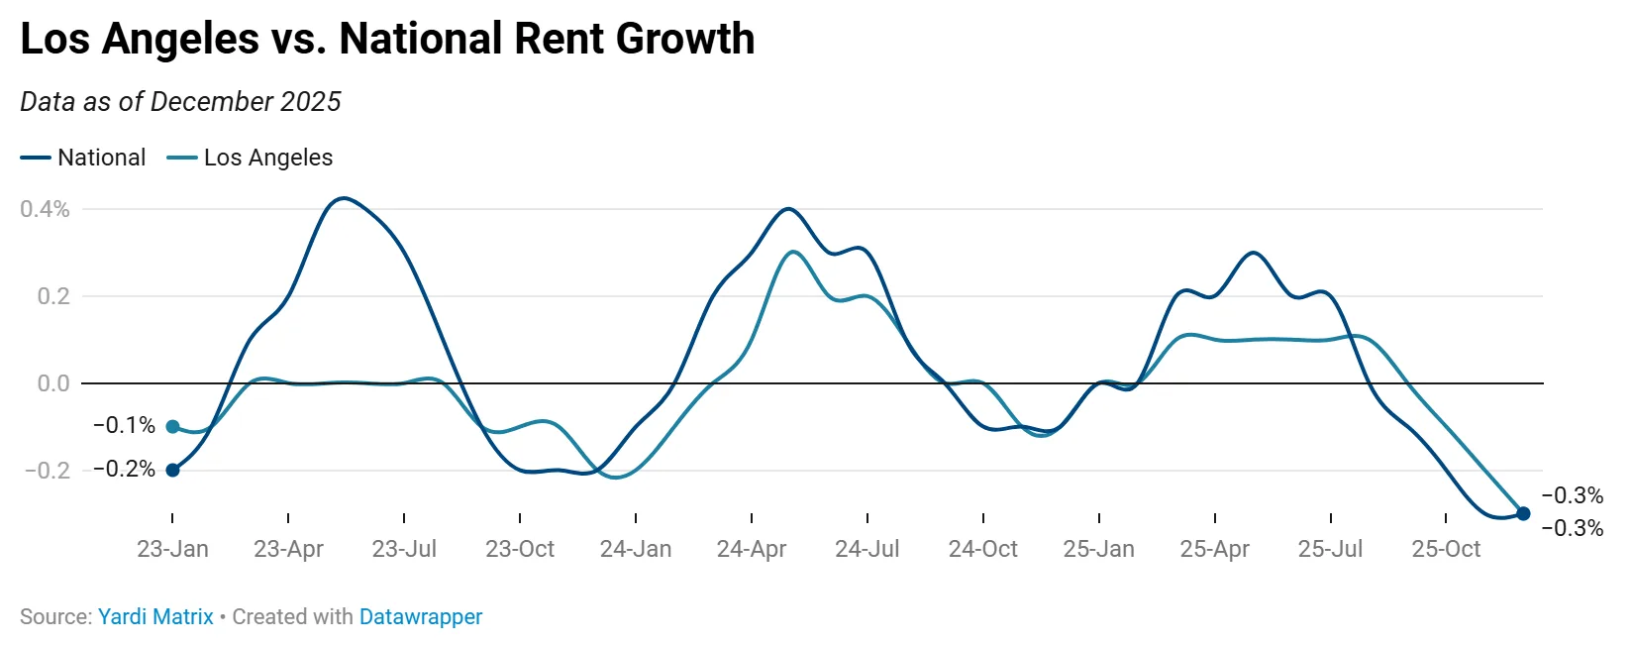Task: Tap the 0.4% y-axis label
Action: pos(45,209)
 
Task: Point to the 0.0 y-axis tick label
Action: pos(53,383)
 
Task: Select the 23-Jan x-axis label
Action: pos(172,549)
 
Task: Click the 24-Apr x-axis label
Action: pos(751,549)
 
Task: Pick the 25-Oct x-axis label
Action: pos(1445,549)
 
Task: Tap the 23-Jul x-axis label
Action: pos(404,549)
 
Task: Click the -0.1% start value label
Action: pos(124,425)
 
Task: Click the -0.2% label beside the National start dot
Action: pos(124,469)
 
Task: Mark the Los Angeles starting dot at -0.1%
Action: pos(172,427)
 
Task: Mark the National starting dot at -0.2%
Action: pos(172,470)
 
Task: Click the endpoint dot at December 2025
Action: pos(1523,513)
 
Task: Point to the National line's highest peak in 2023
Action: pos(342,198)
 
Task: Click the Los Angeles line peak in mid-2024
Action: pos(792,252)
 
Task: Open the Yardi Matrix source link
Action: pos(155,616)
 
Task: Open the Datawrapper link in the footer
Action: pos(420,616)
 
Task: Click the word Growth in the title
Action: pos(684,40)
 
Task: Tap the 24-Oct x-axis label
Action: pos(982,549)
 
